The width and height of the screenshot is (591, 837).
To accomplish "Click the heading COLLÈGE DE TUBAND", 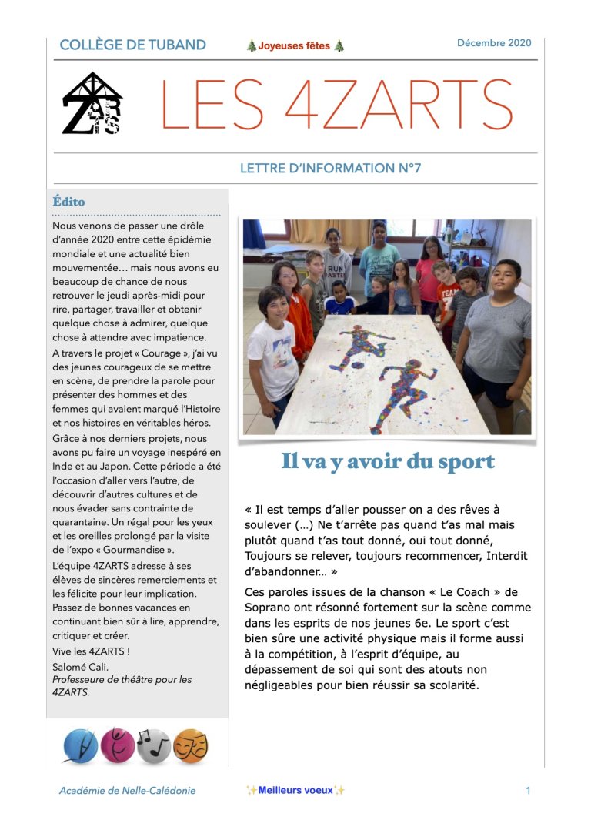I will (132, 45).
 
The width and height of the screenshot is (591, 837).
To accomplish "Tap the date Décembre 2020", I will (494, 43).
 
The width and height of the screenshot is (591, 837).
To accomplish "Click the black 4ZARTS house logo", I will (92, 104).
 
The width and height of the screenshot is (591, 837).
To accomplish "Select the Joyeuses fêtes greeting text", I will (295, 46).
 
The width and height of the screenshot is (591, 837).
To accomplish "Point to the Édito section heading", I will (68, 202).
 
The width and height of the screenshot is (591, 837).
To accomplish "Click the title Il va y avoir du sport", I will (387, 462).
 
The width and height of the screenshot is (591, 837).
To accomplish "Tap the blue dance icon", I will (80, 745).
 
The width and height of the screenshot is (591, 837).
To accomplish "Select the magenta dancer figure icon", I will (117, 745).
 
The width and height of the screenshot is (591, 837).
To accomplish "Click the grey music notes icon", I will (154, 745).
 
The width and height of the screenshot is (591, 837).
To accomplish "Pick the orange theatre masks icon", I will (191, 745).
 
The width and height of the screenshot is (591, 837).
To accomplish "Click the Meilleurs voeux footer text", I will (295, 790).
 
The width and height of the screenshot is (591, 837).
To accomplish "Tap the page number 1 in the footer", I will (528, 790).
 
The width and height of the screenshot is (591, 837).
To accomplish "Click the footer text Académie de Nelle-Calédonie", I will (127, 791).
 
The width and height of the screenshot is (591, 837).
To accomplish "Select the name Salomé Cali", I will (81, 667).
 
